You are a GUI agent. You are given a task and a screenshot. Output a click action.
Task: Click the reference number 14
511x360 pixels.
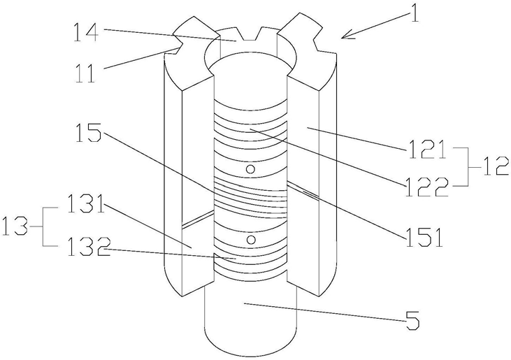pos(85,32)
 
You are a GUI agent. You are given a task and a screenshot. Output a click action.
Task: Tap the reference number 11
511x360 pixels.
pos(85,73)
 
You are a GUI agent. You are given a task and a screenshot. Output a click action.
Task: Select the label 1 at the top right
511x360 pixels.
pos(415,13)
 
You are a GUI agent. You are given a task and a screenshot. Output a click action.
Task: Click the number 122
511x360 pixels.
pos(426,187)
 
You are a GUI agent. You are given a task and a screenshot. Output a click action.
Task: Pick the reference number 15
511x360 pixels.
pos(87,132)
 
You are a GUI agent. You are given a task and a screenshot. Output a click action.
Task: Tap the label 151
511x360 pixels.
pos(424,237)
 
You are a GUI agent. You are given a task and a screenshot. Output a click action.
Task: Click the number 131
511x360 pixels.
pos(86,203)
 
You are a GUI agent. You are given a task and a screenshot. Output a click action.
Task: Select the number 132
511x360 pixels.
pos(89,245)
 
